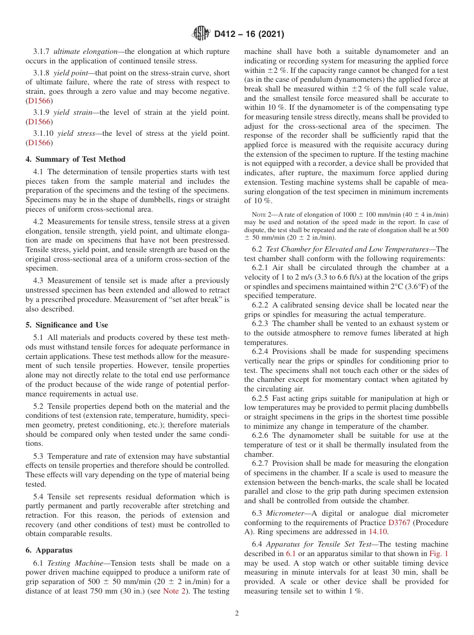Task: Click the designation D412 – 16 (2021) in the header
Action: [x=249, y=34]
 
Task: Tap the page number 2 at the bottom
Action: [x=237, y=614]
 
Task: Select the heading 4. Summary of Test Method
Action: [x=75, y=159]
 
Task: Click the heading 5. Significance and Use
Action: [x=67, y=325]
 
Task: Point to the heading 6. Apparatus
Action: [x=49, y=550]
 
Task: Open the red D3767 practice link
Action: [x=399, y=522]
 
